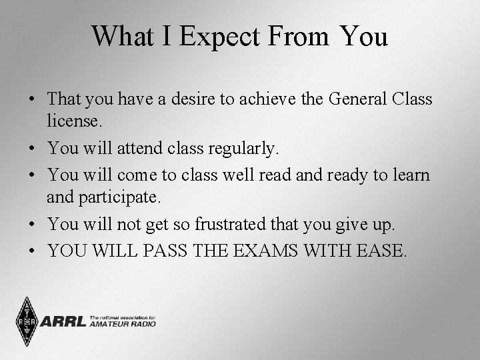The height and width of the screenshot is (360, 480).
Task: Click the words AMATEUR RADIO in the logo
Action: click(x=123, y=325)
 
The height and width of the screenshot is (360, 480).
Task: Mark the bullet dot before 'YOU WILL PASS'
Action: click(x=32, y=252)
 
